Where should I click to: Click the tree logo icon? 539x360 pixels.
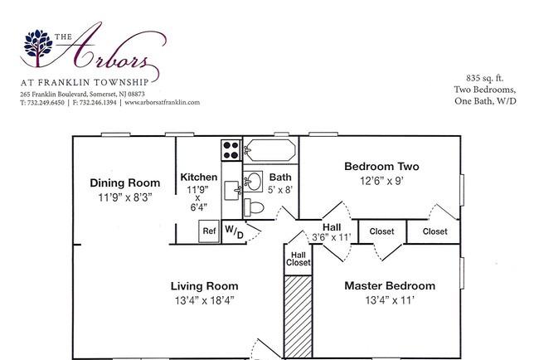point(38,47)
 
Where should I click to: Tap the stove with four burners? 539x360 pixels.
point(231,150)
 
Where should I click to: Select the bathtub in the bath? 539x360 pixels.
point(271,150)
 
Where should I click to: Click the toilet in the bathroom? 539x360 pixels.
point(254,207)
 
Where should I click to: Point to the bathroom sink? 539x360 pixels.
point(254,182)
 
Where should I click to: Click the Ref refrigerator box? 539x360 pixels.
point(209,231)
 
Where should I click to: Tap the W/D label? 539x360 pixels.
point(234,231)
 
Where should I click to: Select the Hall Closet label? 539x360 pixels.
point(298,259)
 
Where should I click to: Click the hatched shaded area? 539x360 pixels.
point(299,316)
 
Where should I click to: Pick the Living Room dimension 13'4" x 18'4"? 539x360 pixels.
point(205,300)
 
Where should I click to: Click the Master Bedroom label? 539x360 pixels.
point(390,285)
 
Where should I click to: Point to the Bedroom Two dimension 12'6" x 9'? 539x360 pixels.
point(381,181)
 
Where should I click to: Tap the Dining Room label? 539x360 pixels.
point(125,183)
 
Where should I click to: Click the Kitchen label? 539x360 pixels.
point(199,177)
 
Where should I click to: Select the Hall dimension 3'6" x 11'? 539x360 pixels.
point(332,237)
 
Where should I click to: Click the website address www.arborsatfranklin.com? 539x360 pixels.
point(163,103)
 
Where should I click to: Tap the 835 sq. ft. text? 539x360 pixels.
point(485,79)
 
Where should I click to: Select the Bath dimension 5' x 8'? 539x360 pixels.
point(280,189)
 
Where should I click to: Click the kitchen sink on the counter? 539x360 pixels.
point(232,190)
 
